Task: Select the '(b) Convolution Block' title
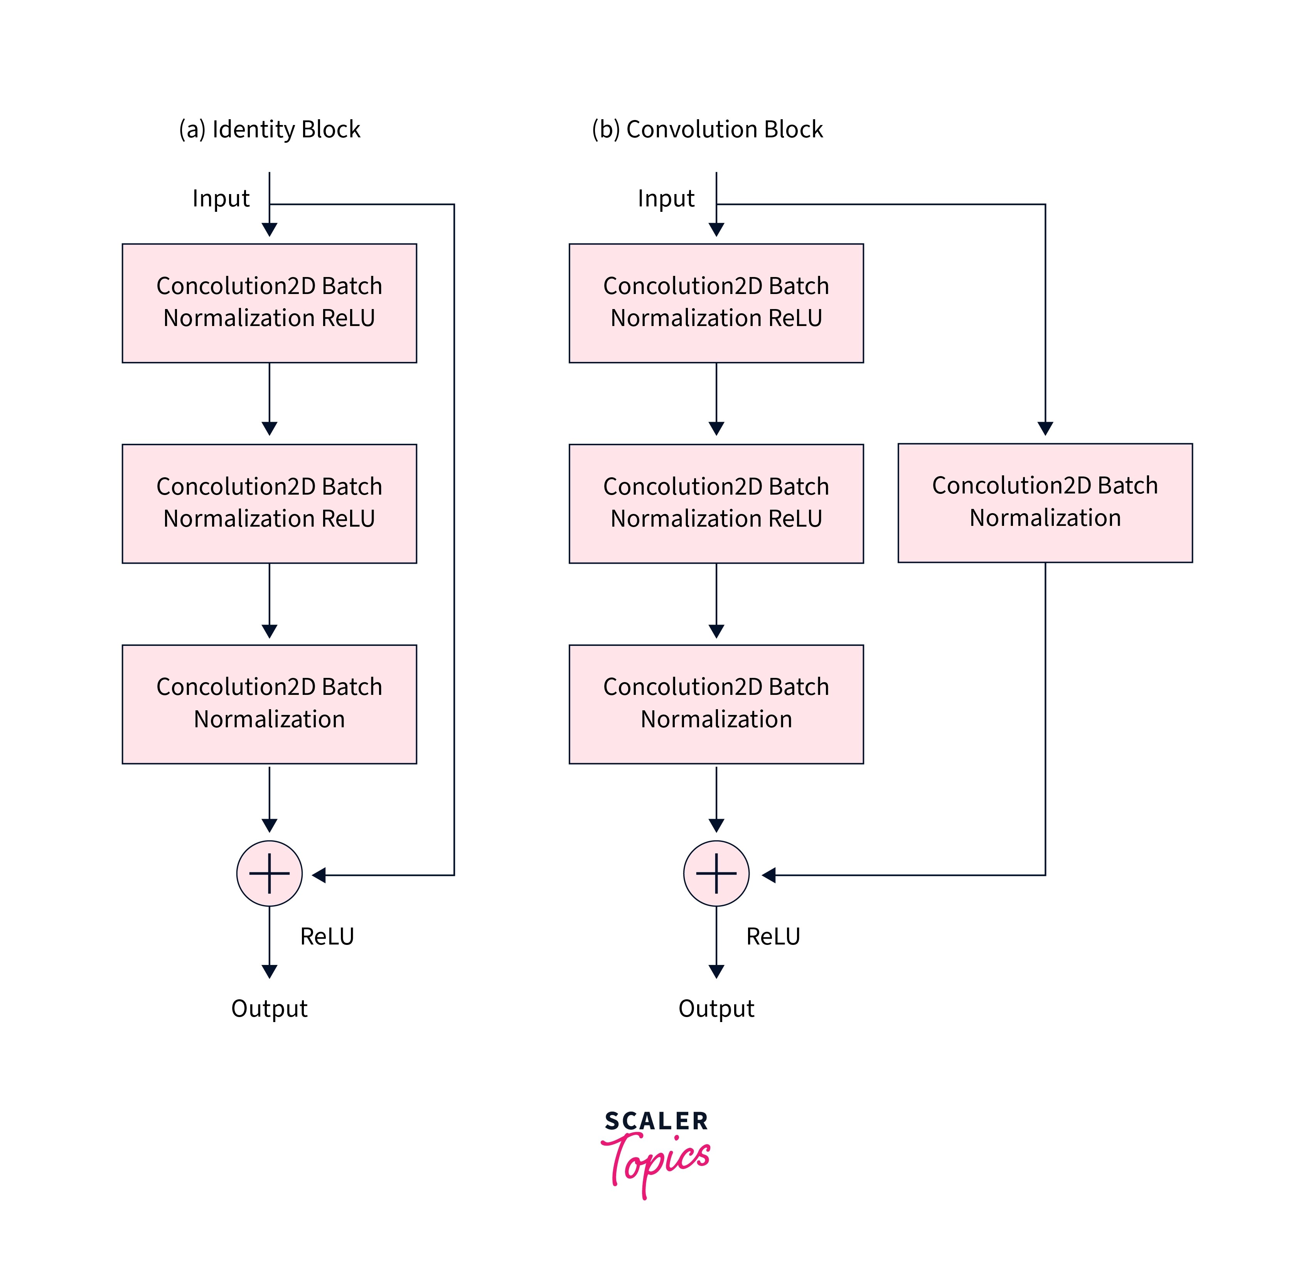tap(707, 129)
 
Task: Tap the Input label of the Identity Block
tap(221, 199)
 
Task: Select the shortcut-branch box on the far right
tap(1045, 502)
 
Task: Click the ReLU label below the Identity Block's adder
tap(327, 936)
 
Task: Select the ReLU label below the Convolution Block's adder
tap(773, 936)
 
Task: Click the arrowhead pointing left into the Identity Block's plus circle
tap(319, 875)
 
